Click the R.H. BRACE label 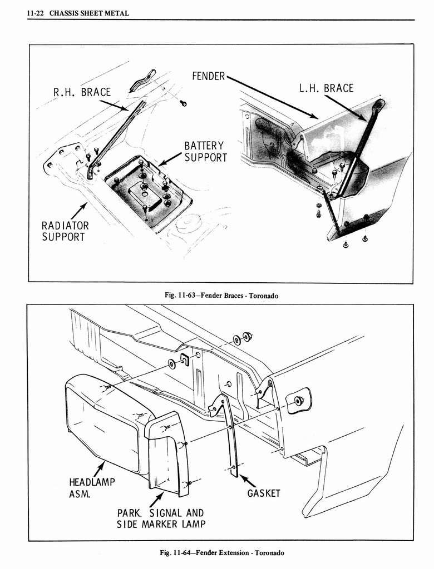click(x=82, y=92)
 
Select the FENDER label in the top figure click(x=208, y=76)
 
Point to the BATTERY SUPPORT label click(x=205, y=152)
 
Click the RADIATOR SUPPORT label click(x=65, y=231)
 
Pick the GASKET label click(x=264, y=493)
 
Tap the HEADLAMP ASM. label click(x=92, y=487)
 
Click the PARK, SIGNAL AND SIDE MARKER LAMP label click(x=160, y=518)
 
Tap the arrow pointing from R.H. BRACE click(x=114, y=105)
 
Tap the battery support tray click(x=147, y=192)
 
